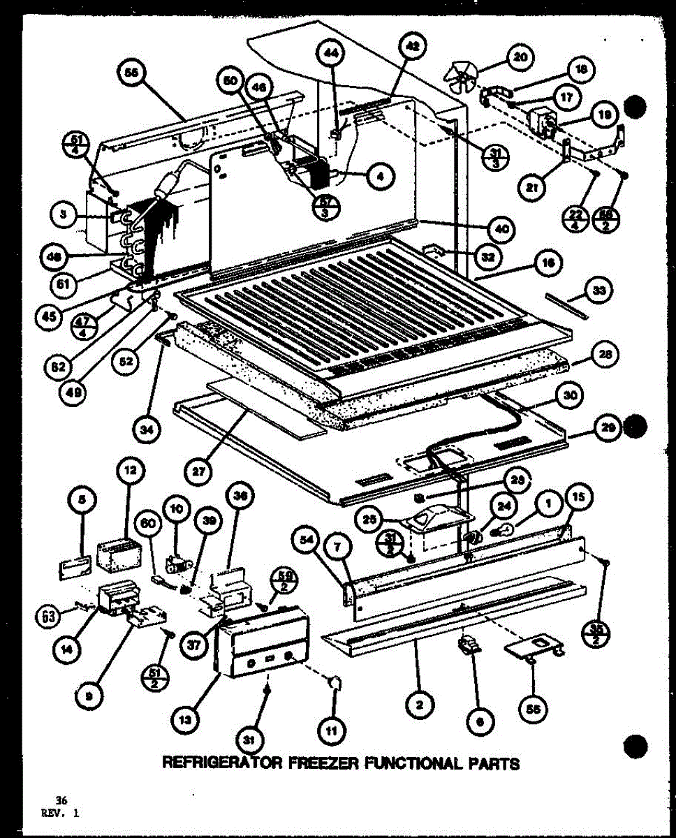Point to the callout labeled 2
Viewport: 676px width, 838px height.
pos(418,705)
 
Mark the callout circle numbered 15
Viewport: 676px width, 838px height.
pos(581,497)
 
